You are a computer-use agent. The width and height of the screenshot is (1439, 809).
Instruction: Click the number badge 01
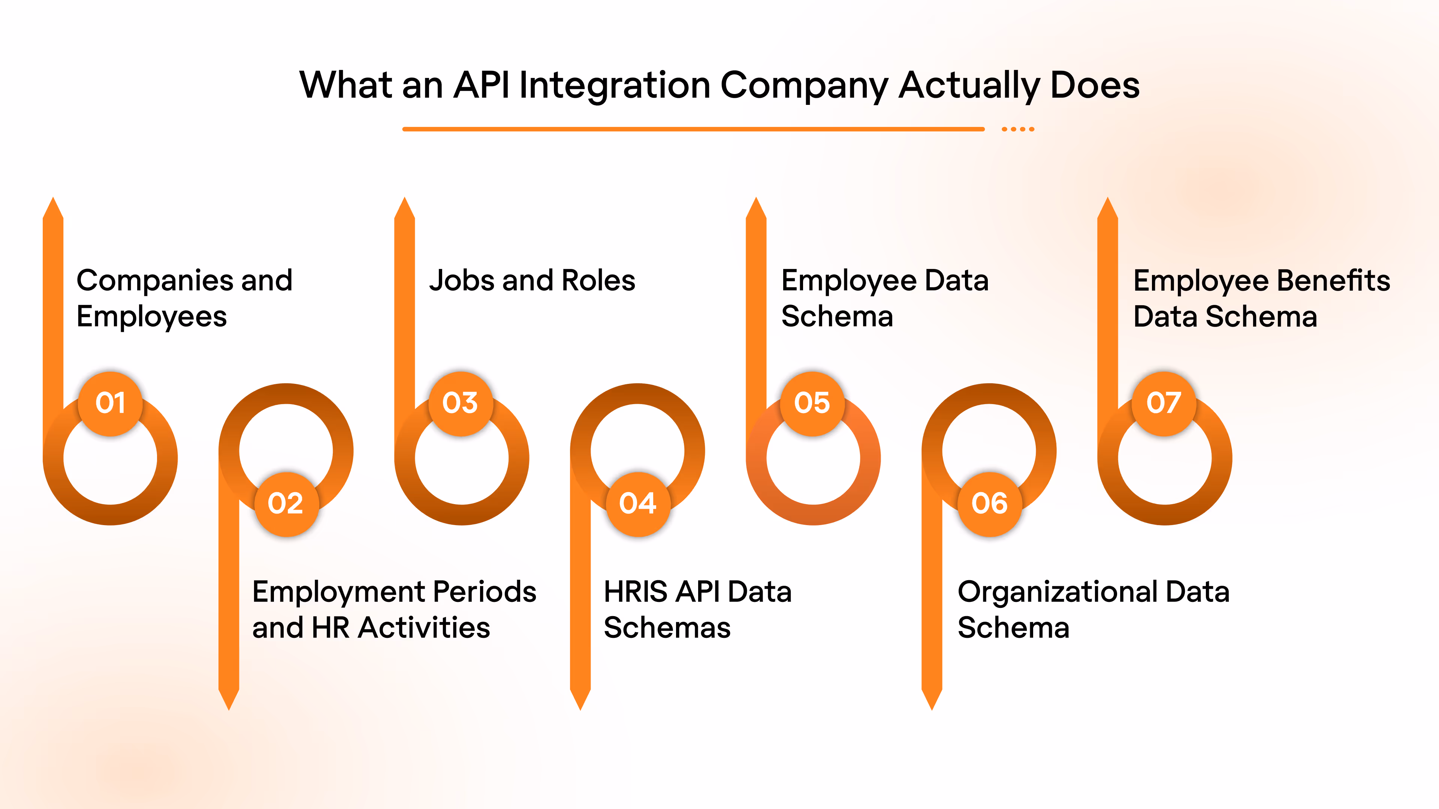[111, 403]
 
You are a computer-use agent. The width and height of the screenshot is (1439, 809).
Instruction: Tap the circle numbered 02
[286, 504]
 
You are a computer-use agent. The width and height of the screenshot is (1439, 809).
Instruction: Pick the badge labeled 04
[638, 504]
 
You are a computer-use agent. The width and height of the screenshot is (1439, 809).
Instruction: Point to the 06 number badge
[989, 504]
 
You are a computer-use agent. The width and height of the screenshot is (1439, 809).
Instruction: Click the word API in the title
[482, 85]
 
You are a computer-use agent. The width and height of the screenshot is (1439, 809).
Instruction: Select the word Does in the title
[1095, 85]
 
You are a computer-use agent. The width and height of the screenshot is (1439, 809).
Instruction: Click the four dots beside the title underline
[1018, 129]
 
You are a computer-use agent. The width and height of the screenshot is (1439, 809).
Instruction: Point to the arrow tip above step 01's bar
[53, 207]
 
